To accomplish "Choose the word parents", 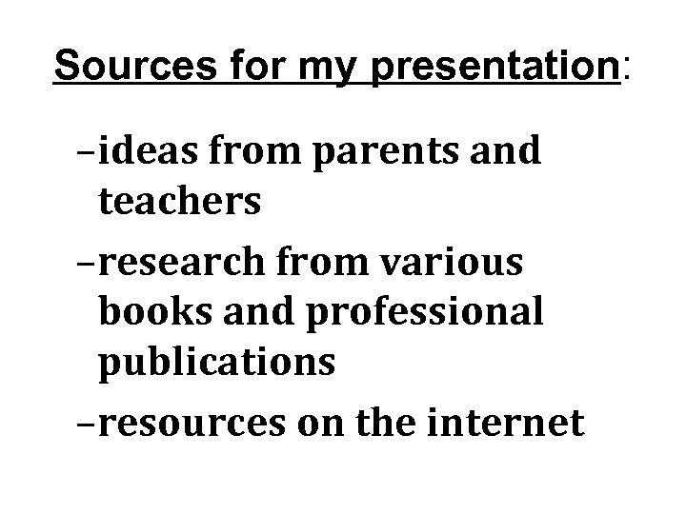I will (x=399, y=153).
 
